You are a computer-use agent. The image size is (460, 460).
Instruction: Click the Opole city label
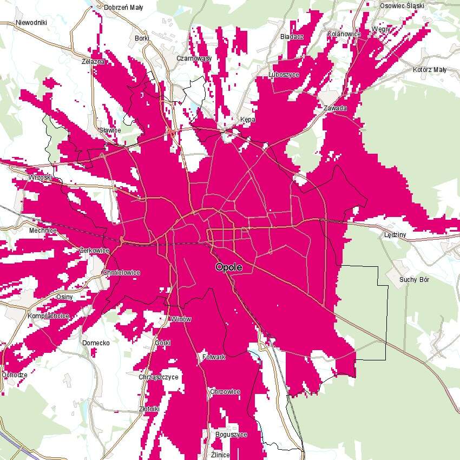click(x=228, y=267)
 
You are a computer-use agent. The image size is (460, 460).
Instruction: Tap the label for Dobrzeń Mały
click(x=123, y=8)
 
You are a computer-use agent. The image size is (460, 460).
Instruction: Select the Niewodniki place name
click(x=32, y=23)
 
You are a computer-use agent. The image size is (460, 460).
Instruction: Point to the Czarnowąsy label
click(x=194, y=58)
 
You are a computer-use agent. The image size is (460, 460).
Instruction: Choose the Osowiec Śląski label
click(x=403, y=5)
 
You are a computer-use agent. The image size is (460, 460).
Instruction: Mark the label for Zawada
click(x=335, y=108)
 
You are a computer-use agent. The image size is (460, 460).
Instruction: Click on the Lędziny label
click(x=395, y=235)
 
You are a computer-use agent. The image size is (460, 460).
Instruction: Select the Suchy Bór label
click(x=415, y=280)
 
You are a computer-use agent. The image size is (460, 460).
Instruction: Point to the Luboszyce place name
click(x=284, y=75)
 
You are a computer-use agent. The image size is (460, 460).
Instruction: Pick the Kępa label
click(x=247, y=119)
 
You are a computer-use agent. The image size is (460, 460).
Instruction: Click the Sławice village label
click(x=110, y=130)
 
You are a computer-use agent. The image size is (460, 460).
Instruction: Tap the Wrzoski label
click(x=41, y=178)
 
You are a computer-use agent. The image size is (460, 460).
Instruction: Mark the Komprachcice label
click(x=49, y=316)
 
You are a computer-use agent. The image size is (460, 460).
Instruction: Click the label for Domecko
click(x=96, y=343)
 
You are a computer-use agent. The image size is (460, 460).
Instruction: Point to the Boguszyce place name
click(x=231, y=435)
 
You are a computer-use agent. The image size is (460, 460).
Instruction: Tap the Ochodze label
click(x=15, y=375)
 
